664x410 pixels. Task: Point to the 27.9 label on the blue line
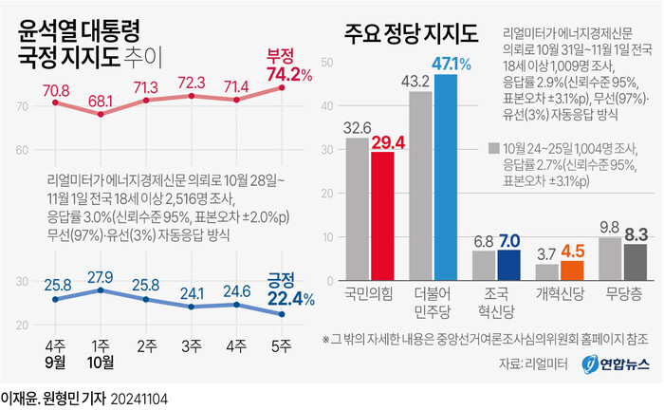(x=101, y=276)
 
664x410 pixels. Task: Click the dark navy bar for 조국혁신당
(x=509, y=266)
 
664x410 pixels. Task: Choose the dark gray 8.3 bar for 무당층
(x=636, y=263)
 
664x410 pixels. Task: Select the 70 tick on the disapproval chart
(x=22, y=108)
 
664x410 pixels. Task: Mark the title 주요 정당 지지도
(x=411, y=37)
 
